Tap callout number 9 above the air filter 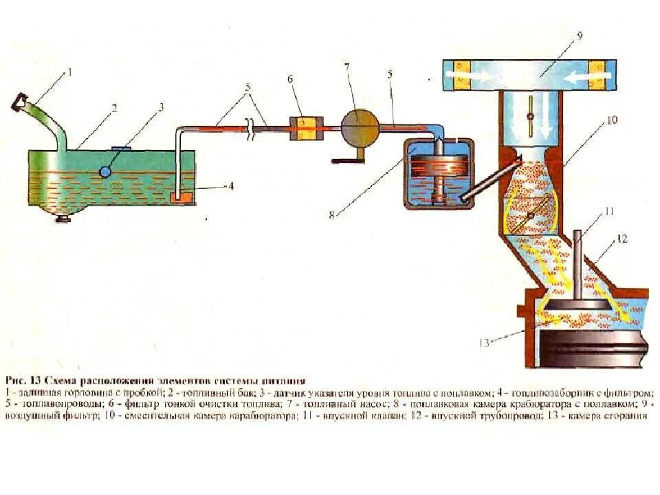click(x=579, y=35)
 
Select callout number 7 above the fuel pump click(x=347, y=66)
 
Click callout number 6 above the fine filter click(x=290, y=79)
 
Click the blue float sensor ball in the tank click(x=105, y=172)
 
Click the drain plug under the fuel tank click(x=64, y=219)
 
